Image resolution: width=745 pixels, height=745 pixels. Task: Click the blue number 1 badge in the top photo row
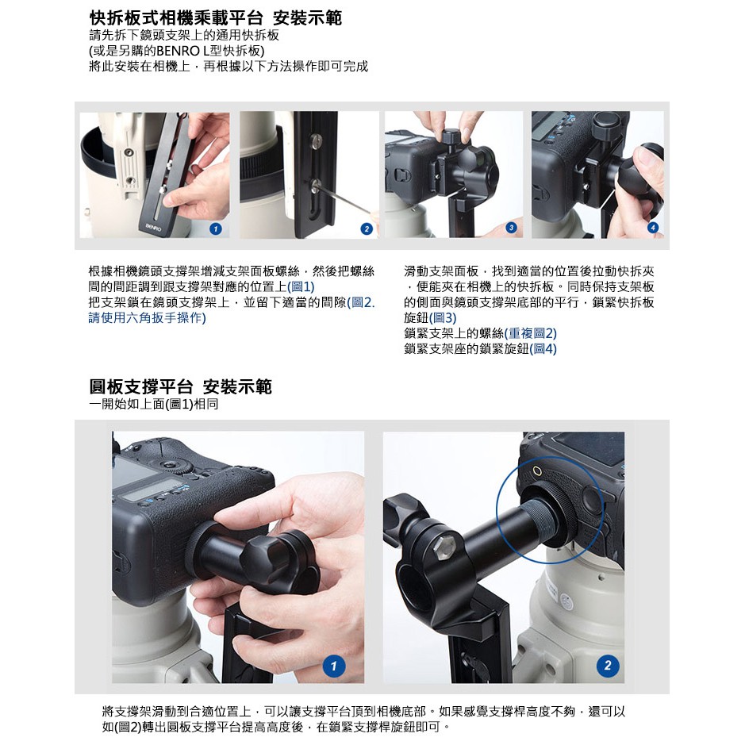pyautogui.click(x=216, y=229)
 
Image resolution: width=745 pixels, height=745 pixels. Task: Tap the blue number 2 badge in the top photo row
pyautogui.click(x=367, y=229)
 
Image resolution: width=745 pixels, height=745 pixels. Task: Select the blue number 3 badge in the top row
pyautogui.click(x=511, y=228)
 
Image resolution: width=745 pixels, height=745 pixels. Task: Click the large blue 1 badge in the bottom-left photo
pyautogui.click(x=333, y=666)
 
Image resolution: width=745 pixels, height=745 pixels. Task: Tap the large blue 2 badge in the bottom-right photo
pyautogui.click(x=608, y=665)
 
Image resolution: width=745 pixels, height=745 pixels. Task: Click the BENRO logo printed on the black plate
pyautogui.click(x=153, y=227)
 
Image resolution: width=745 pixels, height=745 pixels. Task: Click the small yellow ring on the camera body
pyautogui.click(x=537, y=470)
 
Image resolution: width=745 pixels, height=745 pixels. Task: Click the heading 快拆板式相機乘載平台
pyautogui.click(x=176, y=18)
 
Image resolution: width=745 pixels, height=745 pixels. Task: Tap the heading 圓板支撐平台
pyautogui.click(x=140, y=386)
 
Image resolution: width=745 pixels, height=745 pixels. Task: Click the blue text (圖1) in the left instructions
pyautogui.click(x=301, y=286)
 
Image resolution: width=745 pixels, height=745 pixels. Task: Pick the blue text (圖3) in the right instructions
pyautogui.click(x=443, y=317)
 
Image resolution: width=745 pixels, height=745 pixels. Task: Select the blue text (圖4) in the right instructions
pyautogui.click(x=543, y=348)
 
